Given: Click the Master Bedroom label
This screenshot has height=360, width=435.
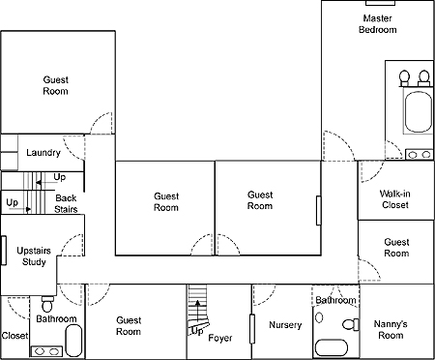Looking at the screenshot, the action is (x=377, y=24).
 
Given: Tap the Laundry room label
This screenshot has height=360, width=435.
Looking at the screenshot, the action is (x=43, y=153).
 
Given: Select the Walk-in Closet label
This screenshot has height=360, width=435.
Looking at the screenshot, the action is (x=395, y=199).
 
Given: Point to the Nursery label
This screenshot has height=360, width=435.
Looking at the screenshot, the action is (x=285, y=325).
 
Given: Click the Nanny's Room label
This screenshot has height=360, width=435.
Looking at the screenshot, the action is (x=391, y=329).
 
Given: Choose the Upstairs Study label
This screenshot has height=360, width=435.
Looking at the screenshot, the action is (x=34, y=256).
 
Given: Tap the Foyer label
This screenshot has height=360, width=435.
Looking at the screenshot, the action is (x=220, y=338).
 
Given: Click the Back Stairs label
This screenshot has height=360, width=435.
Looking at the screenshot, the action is (x=66, y=203).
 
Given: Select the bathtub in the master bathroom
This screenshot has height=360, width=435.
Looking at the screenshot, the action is (x=418, y=112).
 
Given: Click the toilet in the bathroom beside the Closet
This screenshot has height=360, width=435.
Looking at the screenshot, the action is (x=47, y=303).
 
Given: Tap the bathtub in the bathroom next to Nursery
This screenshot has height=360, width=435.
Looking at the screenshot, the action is (x=332, y=347).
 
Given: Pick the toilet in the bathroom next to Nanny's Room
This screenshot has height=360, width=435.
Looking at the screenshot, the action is (x=351, y=324).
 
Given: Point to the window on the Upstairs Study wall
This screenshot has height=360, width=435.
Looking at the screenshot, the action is (x=4, y=251).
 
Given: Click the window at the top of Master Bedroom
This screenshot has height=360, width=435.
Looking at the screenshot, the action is (x=380, y=3).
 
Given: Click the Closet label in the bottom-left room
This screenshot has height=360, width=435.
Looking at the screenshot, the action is (x=14, y=336).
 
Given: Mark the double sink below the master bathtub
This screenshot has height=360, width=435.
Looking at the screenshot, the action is (x=419, y=154).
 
